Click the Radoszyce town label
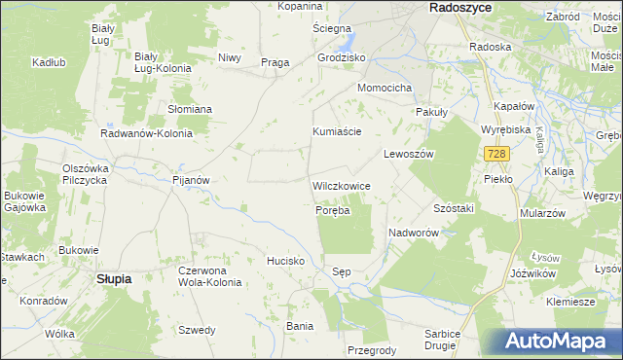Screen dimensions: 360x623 tap(460, 7)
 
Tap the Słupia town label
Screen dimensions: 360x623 tap(114, 278)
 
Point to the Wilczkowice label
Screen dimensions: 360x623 tap(340, 185)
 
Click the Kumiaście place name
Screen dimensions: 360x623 tap(337, 131)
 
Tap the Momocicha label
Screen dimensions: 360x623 tap(385, 88)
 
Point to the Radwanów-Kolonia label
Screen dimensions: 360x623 tap(146, 133)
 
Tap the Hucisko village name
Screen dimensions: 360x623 tap(286, 261)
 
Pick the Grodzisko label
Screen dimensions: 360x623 tap(341, 57)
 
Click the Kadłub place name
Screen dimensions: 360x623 tap(48, 62)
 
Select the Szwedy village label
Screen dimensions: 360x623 tap(197, 330)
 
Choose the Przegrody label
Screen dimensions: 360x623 tap(371, 350)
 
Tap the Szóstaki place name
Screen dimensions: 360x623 tap(453, 209)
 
